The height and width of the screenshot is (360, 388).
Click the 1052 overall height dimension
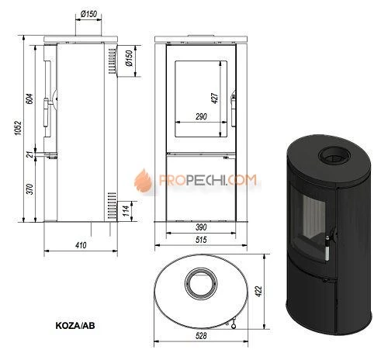pos(18,128)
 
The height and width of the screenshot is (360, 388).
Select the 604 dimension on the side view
pos(30,99)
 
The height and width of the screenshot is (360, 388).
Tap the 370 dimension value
pos(30,189)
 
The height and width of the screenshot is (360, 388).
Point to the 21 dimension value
pos(30,154)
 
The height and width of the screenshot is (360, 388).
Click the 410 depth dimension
pos(81,245)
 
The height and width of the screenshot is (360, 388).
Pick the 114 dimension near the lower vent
pos(126,211)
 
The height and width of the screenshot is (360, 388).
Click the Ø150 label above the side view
pos(88,14)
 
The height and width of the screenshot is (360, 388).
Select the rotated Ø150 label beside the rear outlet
pos(129,58)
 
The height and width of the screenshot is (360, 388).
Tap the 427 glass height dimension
pos(215,98)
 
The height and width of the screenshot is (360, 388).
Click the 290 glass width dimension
pos(201,116)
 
